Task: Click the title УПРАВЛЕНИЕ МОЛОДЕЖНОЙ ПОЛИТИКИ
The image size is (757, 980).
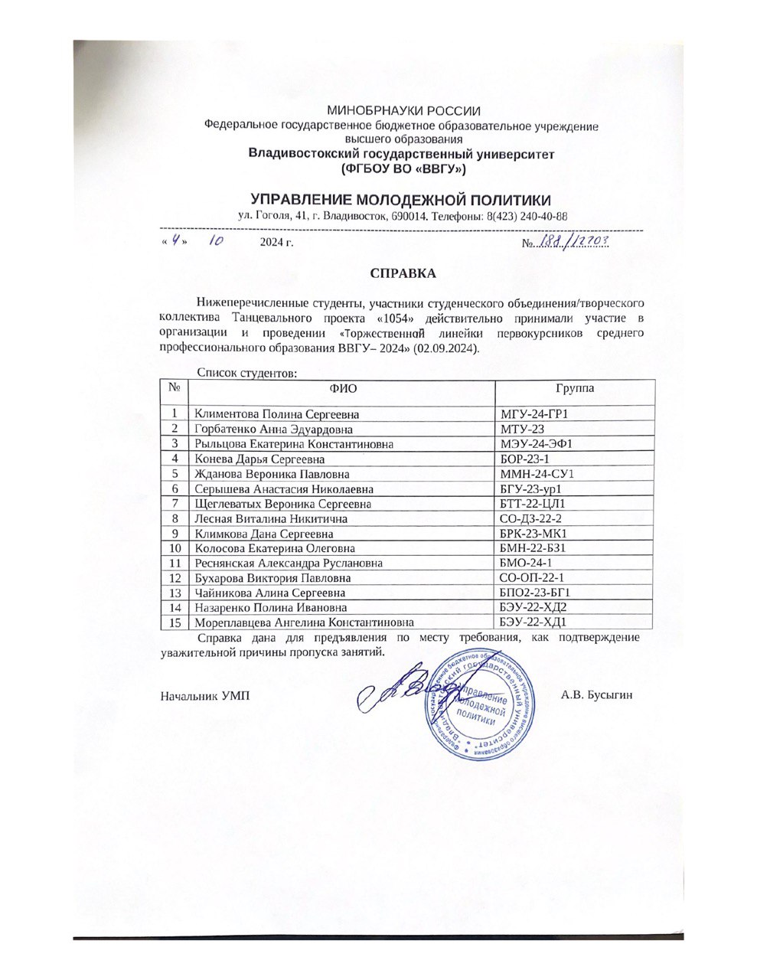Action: pos(401,200)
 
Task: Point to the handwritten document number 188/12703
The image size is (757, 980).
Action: pos(572,242)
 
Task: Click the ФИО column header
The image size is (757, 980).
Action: pos(342,389)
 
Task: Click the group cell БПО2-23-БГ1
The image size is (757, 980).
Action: pos(536,593)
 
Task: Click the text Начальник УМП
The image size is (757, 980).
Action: pos(205,696)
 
